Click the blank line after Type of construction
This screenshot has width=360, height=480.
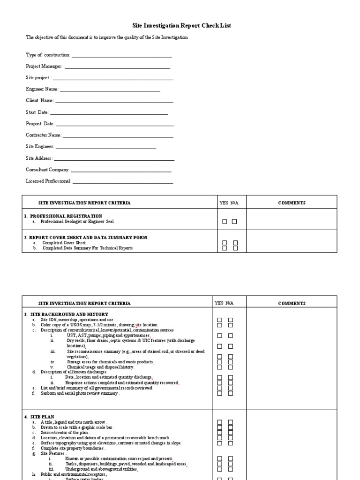pos(122,56)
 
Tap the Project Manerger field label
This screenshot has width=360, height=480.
pos(44,67)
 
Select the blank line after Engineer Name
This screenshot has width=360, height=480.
pos(110,90)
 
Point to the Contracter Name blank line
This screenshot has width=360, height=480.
pos(118,136)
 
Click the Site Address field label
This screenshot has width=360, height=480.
pos(39,158)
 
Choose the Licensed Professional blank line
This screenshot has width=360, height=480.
pos(123,182)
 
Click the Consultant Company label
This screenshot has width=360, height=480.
pos(47,170)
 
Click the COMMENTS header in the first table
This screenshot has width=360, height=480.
pos(292,203)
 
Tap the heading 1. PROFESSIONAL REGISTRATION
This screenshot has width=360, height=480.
pos(63,216)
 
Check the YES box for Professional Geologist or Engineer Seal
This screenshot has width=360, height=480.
pos(225,222)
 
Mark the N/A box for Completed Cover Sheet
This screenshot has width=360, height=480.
pos(236,243)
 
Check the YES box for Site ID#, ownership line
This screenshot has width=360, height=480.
pos(219,320)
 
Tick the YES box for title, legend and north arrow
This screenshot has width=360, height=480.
pos(219,422)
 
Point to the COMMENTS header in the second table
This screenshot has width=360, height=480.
pos(292,303)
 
